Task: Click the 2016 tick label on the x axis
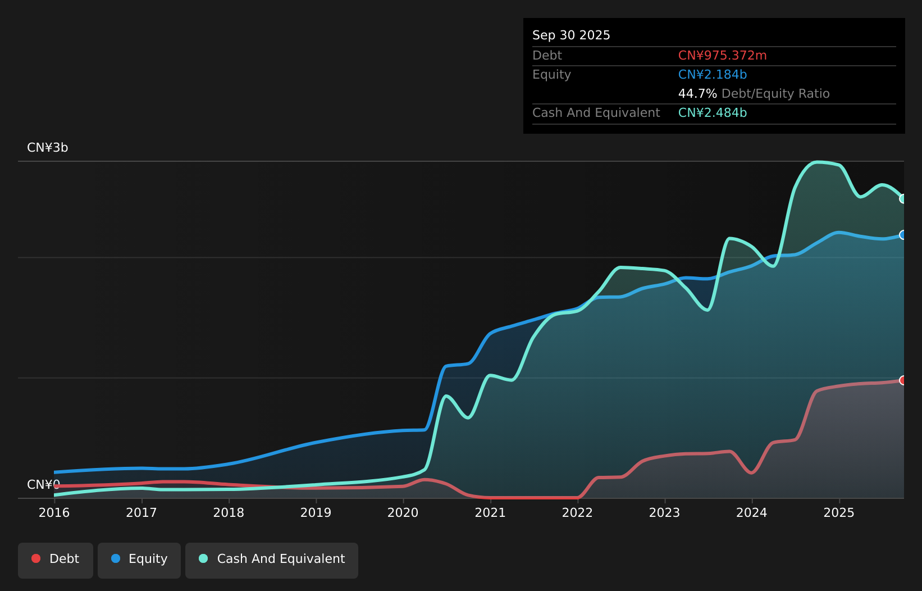point(54,513)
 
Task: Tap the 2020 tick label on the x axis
point(403,513)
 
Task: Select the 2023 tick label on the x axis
point(664,513)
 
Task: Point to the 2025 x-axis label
point(839,513)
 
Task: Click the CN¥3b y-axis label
point(48,148)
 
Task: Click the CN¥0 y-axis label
point(43,485)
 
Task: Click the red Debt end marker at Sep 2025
point(903,380)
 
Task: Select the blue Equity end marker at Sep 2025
point(903,235)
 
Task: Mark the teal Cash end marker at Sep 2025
point(903,199)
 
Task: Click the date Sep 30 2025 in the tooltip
point(571,35)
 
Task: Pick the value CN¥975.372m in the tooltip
point(722,56)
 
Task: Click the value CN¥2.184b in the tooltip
point(712,75)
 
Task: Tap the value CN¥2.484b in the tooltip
point(712,113)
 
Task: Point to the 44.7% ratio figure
point(697,94)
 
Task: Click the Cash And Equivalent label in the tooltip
point(596,113)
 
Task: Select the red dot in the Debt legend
point(36,558)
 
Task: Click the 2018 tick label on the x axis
point(229,513)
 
